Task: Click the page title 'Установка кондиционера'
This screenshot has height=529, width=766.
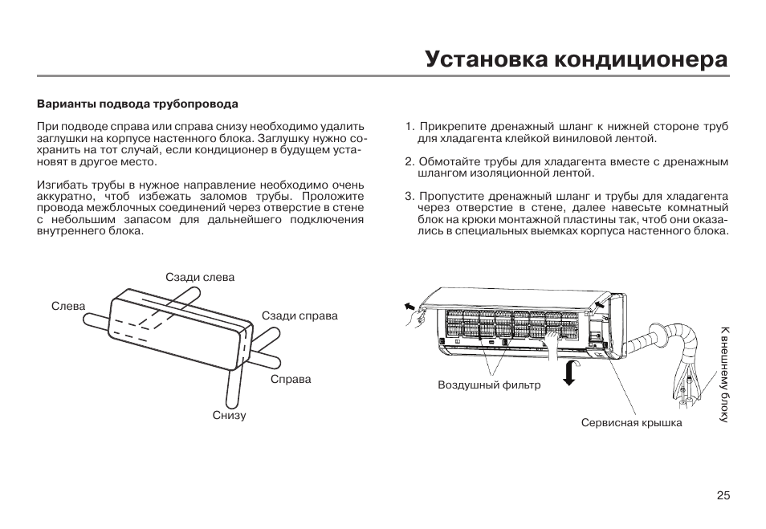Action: point(577,60)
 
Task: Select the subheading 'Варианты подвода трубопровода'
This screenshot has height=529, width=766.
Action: point(138,104)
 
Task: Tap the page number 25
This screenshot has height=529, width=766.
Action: point(723,495)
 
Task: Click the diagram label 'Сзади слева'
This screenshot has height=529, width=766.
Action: point(200,278)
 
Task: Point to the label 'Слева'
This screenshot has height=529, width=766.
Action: point(68,307)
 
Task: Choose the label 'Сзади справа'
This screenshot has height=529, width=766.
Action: point(299,316)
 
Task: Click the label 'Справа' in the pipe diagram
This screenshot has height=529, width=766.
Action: point(291,379)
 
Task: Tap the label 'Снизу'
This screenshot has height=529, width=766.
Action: point(229,415)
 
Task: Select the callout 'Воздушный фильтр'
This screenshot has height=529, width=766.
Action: point(489,385)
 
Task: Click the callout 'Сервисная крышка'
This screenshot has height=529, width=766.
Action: point(632,422)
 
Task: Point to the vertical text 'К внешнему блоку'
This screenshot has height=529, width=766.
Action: point(724,374)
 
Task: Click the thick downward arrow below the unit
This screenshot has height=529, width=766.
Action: point(569,373)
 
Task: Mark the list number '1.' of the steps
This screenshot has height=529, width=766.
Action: point(409,127)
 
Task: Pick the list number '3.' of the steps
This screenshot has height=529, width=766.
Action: point(409,197)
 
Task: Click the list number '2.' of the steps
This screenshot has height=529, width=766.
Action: point(409,161)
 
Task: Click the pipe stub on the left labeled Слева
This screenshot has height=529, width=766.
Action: point(96,322)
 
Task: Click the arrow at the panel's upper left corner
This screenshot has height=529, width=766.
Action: point(409,307)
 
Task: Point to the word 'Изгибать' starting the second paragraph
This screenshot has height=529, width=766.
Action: point(58,185)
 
